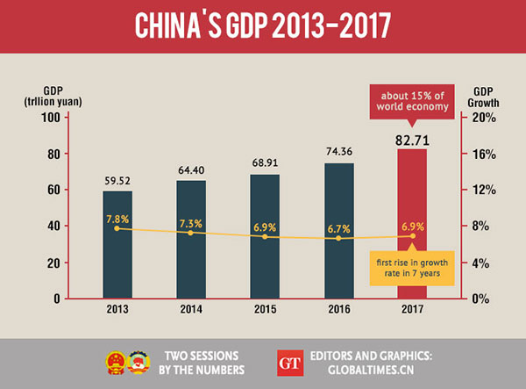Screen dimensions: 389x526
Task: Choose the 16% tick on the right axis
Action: tap(487, 154)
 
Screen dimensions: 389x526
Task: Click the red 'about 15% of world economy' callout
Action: tap(411, 100)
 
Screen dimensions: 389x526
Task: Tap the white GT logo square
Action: tap(288, 362)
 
